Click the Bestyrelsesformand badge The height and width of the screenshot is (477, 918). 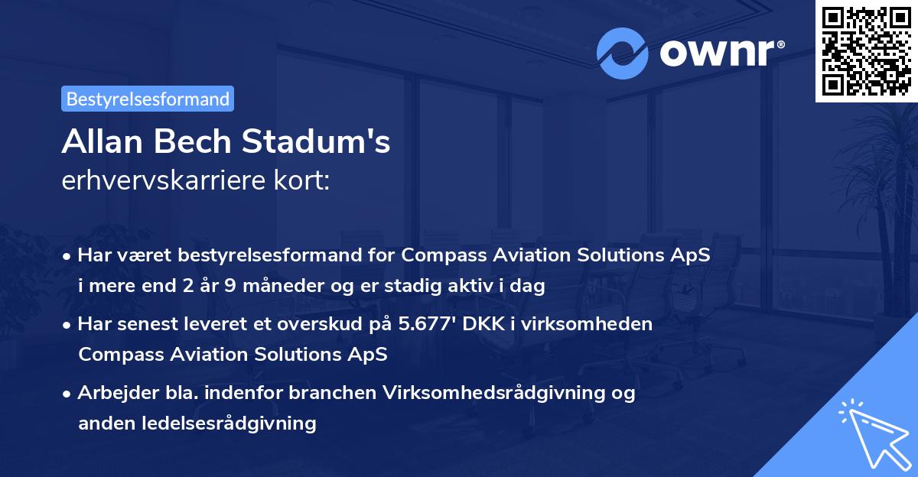(148, 99)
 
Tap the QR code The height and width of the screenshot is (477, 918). (866, 50)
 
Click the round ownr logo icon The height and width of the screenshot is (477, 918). (623, 54)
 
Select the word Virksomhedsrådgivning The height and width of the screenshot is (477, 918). (504, 393)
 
